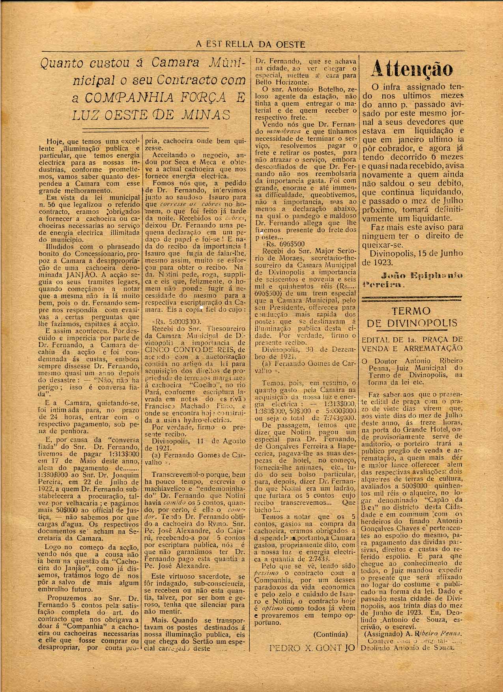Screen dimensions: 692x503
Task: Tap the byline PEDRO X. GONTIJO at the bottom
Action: point(312,647)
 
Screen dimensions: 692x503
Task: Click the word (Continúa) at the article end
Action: point(330,634)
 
